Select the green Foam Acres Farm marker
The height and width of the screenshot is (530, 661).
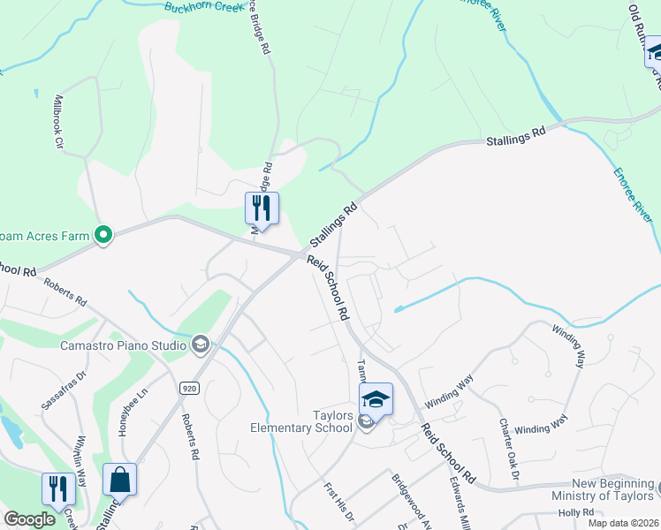(103, 235)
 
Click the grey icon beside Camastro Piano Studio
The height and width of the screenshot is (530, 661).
(201, 344)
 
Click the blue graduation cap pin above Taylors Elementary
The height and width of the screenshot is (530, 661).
(376, 399)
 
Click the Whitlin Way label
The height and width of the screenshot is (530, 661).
(80, 465)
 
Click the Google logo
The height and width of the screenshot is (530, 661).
(29, 519)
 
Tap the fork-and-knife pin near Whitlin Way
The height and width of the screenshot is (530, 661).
(58, 488)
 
